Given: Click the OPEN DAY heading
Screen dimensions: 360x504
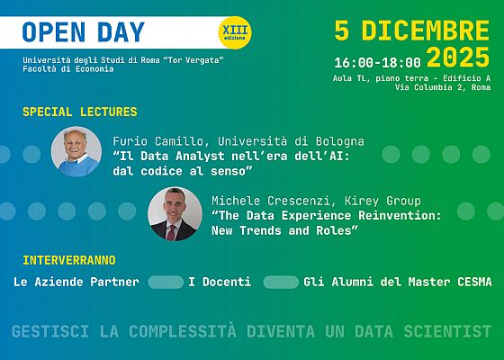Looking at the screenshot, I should [x=83, y=32].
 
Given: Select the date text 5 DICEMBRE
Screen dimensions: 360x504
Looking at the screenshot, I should [x=411, y=30].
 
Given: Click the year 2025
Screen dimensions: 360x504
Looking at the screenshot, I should [x=458, y=59].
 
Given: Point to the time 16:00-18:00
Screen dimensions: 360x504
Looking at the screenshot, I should [x=376, y=63].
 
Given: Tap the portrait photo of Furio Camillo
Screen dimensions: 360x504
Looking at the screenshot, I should [x=76, y=151].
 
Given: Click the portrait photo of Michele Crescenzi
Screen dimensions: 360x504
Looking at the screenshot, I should [x=173, y=212].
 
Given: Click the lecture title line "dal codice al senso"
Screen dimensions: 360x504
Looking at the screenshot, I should [x=183, y=170].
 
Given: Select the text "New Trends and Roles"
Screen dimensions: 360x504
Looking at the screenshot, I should [x=284, y=230].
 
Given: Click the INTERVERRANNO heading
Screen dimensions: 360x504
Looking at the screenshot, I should [x=68, y=260].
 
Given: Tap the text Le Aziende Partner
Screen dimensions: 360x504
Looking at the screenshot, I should [x=76, y=283].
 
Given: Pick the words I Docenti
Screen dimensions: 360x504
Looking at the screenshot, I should [x=220, y=283].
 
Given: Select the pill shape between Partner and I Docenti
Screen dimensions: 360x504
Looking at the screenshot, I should [x=166, y=283].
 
